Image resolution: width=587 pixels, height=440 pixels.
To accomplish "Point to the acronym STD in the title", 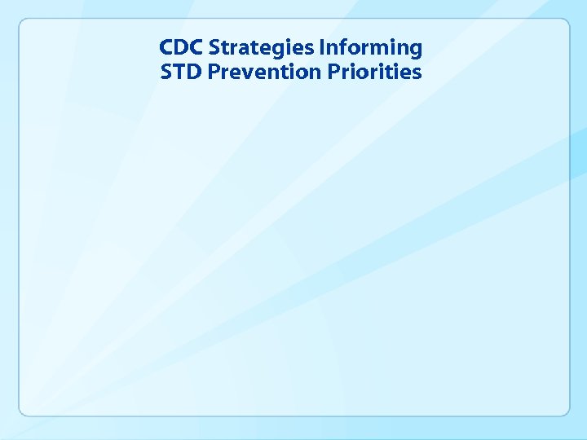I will [180, 73].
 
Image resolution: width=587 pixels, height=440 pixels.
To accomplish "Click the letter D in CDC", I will [180, 48].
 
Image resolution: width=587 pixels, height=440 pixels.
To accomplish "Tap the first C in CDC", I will [167, 48].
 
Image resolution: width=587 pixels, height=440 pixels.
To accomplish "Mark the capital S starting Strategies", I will [214, 48].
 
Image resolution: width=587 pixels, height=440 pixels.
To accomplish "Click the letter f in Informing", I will [340, 48].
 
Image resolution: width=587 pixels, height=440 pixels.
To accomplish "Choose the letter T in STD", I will [179, 73].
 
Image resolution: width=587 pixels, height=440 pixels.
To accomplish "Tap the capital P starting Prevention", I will [214, 73].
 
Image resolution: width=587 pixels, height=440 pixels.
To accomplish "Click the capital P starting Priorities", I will [333, 73].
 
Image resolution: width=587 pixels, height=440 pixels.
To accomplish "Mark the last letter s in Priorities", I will [417, 74].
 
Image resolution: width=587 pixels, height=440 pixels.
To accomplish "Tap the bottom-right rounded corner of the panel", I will [565, 411].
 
